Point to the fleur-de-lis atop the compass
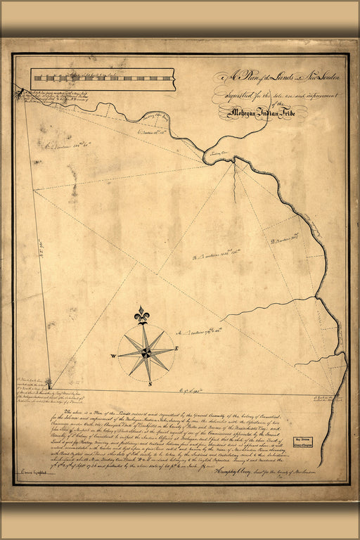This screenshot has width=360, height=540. point(143,314)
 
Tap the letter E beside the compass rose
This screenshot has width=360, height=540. point(177,349)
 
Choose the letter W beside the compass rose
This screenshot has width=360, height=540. point(112,356)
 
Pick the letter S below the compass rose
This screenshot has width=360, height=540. point(150,383)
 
